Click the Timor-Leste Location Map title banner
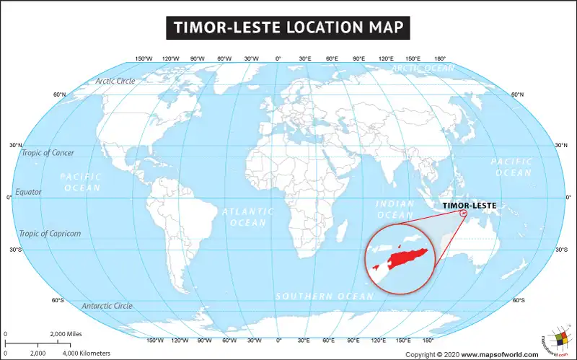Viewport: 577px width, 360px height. (x=288, y=28)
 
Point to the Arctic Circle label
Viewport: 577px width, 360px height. (x=115, y=81)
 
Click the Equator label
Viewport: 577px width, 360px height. (x=28, y=192)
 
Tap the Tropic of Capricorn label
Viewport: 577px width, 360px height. (x=50, y=234)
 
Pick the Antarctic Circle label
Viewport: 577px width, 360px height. (x=107, y=306)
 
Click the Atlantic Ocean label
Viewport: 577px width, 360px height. (x=248, y=217)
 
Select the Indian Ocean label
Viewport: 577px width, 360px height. (x=395, y=210)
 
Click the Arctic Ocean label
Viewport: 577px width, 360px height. (x=423, y=69)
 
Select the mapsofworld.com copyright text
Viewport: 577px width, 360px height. (x=472, y=354)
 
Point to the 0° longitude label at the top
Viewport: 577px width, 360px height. (x=278, y=58)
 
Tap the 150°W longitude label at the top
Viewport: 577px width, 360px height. (x=144, y=58)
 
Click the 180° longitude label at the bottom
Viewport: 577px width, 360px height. (x=427, y=340)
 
